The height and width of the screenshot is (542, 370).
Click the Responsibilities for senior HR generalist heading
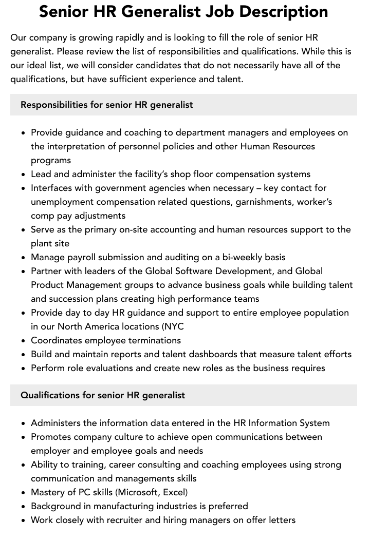pyautogui.click(x=107, y=105)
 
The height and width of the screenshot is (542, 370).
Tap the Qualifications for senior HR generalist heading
pyautogui.click(x=103, y=395)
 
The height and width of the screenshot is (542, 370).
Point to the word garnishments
pyautogui.click(x=266, y=202)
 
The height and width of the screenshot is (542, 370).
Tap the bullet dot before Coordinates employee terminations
pyautogui.click(x=24, y=341)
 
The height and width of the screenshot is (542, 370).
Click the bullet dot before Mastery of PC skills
pyautogui.click(x=24, y=493)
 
